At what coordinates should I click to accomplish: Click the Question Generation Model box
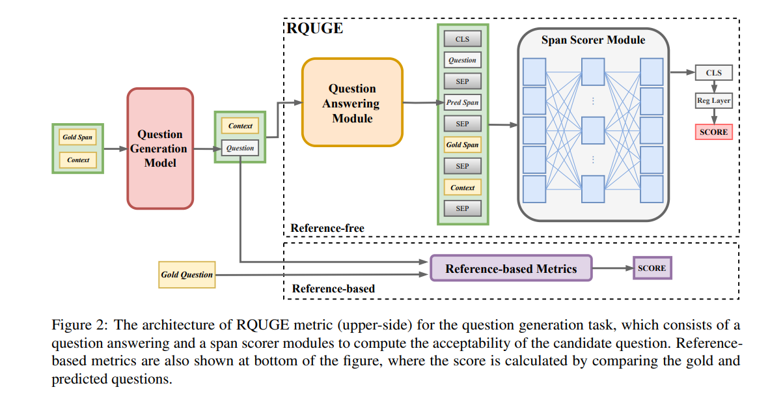(160, 148)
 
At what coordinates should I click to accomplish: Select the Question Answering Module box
(352, 103)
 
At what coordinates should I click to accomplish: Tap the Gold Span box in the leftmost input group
(77, 137)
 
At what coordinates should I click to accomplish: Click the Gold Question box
(187, 274)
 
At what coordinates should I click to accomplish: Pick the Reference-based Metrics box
(511, 268)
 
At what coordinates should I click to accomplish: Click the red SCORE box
(714, 132)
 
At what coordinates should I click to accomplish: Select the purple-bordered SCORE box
(652, 268)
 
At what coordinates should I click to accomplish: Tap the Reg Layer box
(714, 101)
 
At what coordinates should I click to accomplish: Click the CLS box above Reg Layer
(714, 73)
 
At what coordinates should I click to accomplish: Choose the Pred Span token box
(462, 103)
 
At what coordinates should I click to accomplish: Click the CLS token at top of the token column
(462, 39)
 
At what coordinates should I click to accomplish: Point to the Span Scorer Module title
(593, 40)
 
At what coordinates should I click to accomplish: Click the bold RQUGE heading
(315, 29)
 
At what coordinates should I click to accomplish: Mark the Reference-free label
(327, 228)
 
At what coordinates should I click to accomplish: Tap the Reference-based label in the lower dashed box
(333, 288)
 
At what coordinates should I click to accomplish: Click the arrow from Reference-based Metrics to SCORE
(612, 268)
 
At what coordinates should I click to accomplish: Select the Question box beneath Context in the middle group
(240, 148)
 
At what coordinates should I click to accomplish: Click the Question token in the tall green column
(462, 60)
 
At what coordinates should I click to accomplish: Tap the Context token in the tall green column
(462, 188)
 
